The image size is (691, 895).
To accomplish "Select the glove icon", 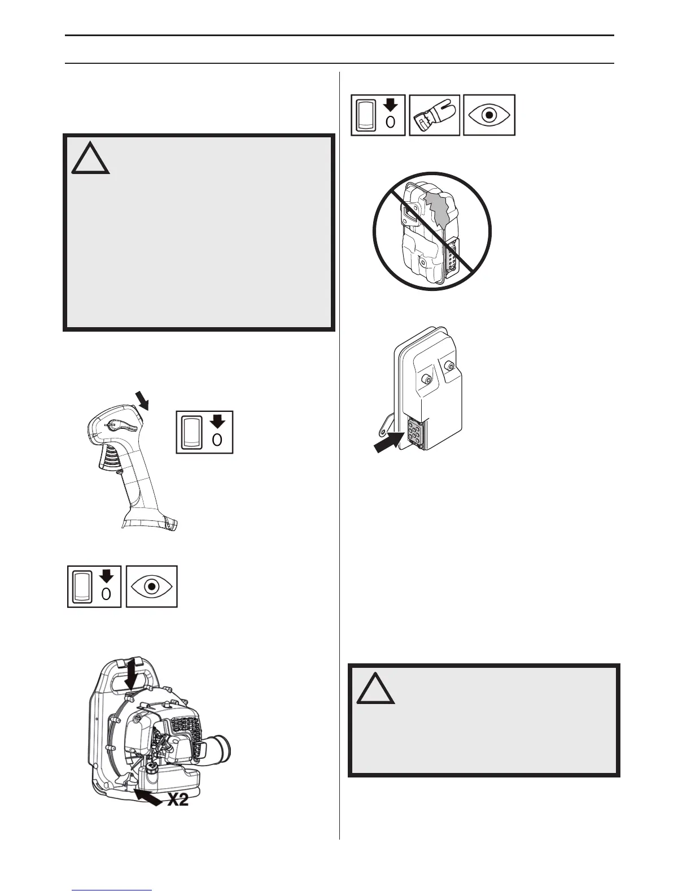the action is click(434, 115).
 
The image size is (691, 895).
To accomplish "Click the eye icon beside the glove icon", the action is click(489, 115).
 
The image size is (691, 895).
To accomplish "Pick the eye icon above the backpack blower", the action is click(151, 586).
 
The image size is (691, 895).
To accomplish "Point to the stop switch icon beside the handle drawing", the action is click(204, 433).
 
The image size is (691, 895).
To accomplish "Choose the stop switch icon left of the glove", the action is click(378, 115).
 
